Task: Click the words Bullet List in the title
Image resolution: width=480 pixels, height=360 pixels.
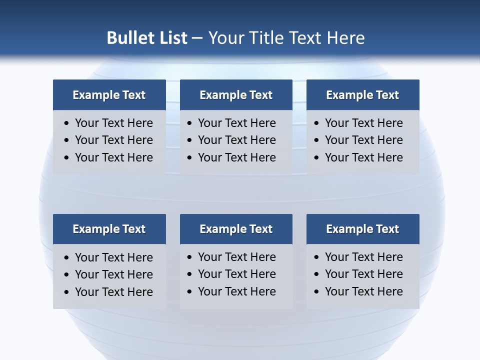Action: [x=147, y=38]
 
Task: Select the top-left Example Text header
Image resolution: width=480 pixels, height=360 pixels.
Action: [x=109, y=95]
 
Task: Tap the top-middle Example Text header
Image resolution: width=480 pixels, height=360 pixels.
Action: [x=236, y=95]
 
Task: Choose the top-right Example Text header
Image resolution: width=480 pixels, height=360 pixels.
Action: [x=362, y=95]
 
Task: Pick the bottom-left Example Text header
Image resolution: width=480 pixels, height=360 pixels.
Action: [x=109, y=229]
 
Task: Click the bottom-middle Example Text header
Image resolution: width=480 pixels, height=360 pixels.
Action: [x=236, y=229]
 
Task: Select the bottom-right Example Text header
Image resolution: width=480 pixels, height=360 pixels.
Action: [x=362, y=229]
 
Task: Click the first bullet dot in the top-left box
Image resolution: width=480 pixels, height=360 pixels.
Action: [x=66, y=123]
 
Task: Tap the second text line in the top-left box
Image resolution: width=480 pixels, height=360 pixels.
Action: [x=113, y=140]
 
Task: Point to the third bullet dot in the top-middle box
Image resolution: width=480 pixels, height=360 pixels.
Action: [x=189, y=158]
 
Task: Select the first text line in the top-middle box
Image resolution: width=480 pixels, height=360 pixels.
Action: [x=236, y=123]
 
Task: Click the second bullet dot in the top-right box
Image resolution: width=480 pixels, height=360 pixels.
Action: [x=316, y=140]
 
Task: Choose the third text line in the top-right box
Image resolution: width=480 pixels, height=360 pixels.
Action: [x=363, y=157]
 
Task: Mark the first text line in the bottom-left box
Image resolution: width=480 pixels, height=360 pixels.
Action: [x=113, y=257]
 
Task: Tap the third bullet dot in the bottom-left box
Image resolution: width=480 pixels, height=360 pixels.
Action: [x=66, y=292]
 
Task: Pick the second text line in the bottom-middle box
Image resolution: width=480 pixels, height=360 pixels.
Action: [x=236, y=274]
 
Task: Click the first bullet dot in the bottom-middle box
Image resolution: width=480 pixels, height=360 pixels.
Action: [x=189, y=257]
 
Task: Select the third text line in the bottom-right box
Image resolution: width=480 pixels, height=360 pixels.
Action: [x=363, y=291]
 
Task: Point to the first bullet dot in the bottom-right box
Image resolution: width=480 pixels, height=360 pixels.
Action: [x=316, y=257]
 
